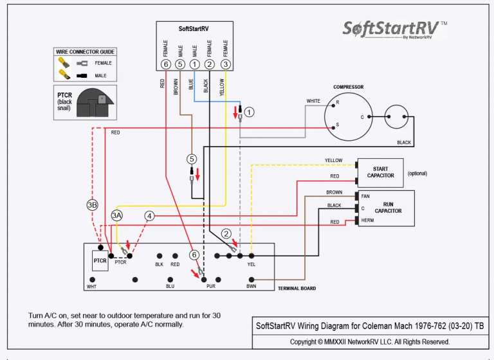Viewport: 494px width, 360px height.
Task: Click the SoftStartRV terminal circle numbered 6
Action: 167,64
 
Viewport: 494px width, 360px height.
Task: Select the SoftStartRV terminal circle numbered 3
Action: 225,64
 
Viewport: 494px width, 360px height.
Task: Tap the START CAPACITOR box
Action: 381,172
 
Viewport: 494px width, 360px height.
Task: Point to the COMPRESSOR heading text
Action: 348,87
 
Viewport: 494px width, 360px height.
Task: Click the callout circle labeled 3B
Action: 92,204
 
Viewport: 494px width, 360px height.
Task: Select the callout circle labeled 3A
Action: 116,215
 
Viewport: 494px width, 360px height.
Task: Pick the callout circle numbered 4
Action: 149,216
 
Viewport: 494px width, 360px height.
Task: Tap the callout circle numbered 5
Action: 191,159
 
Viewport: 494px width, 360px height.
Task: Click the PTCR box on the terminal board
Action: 100,261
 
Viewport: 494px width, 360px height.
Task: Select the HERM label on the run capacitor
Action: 367,221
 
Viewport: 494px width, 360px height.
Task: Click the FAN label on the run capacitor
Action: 365,196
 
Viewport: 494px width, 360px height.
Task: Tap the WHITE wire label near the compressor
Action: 313,101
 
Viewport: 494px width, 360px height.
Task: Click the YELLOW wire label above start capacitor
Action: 333,160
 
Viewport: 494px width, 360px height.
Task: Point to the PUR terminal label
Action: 211,286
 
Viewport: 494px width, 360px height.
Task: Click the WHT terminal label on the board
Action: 92,287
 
